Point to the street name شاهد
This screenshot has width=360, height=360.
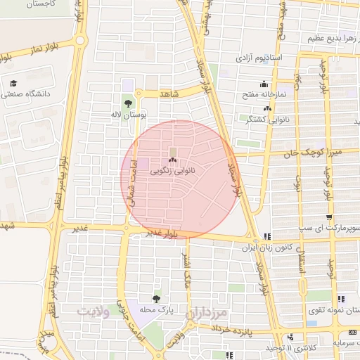point(170,94)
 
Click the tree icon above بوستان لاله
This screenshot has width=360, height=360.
point(127,103)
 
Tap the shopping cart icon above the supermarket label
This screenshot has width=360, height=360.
point(329,217)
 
